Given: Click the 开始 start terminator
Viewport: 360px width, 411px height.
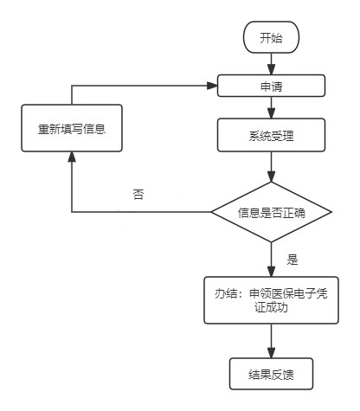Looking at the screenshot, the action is coord(271,37).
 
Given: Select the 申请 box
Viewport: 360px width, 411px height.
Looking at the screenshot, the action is coord(271,86).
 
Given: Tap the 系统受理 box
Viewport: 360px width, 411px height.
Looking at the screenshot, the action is coord(271,135).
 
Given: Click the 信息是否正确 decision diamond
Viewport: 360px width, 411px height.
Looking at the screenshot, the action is coord(271,212).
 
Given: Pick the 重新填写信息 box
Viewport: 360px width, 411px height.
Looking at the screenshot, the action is coord(72,128).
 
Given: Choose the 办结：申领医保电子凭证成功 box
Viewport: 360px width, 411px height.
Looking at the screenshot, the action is coord(271,300).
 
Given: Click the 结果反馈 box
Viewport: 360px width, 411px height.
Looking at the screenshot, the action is coord(271,374).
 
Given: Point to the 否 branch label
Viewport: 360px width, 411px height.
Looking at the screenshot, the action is coord(138,194).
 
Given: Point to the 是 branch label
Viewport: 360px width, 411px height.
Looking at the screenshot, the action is coord(292,260).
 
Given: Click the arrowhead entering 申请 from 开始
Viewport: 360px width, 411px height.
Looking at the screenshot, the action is coord(271,69).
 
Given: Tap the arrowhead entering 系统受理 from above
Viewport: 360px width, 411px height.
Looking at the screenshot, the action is coord(271,113).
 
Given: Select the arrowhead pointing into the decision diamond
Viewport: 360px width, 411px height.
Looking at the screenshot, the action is coord(271,177).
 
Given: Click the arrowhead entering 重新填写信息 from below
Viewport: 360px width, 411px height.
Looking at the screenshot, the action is coord(72,157).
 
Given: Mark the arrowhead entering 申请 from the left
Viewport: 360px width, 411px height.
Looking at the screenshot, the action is coord(212,86).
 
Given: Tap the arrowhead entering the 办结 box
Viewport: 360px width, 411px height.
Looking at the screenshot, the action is coord(271,272).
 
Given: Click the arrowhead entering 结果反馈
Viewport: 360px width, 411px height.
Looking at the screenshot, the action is coord(271,353).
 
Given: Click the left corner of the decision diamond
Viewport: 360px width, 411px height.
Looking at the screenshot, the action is coord(211,212).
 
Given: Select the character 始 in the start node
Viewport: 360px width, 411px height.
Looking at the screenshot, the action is coord(277,38).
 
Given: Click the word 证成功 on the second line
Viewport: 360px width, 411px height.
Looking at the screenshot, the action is coord(271,307).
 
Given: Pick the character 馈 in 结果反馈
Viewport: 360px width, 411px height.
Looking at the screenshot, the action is coord(288,375).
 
